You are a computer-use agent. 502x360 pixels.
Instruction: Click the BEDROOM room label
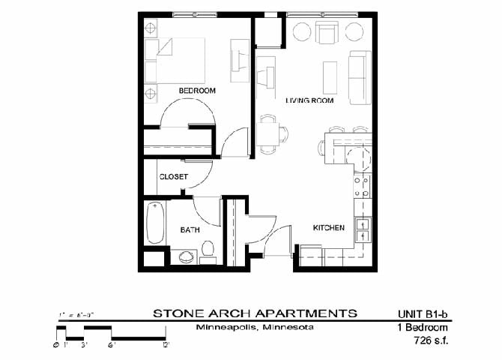(x=197, y=91)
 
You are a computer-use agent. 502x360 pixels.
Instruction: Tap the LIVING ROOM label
(x=309, y=100)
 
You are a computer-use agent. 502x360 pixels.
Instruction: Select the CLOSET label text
(x=173, y=177)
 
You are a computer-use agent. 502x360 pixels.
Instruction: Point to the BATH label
(x=189, y=230)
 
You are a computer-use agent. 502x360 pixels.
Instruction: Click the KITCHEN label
(x=328, y=227)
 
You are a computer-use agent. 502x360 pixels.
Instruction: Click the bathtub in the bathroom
(x=156, y=223)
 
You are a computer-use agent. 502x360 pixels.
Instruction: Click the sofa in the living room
(x=360, y=78)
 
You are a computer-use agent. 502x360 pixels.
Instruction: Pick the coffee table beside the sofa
(x=330, y=77)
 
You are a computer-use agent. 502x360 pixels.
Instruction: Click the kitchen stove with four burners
(x=361, y=185)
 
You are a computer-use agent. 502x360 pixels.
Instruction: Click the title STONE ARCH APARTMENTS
(x=255, y=313)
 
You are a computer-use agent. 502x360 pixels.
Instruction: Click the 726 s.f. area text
(x=429, y=340)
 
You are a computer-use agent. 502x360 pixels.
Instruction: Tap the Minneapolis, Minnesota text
(x=254, y=328)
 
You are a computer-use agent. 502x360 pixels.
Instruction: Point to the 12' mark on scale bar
(x=166, y=345)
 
